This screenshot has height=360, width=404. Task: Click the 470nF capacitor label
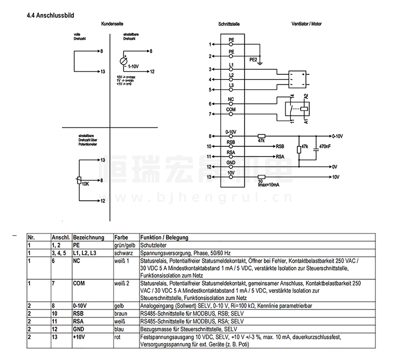[x=325, y=146]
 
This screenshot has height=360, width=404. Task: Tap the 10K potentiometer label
[x=85, y=183]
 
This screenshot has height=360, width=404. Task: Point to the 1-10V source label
[x=133, y=66]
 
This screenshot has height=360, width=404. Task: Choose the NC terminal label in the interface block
[x=231, y=100]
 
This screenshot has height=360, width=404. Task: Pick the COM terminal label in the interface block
[x=231, y=110]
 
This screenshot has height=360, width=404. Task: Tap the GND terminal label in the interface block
[x=231, y=163]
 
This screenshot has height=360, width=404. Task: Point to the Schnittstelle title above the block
[x=229, y=25]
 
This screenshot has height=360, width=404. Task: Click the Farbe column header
[x=121, y=237]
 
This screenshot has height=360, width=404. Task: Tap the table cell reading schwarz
[x=123, y=252]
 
